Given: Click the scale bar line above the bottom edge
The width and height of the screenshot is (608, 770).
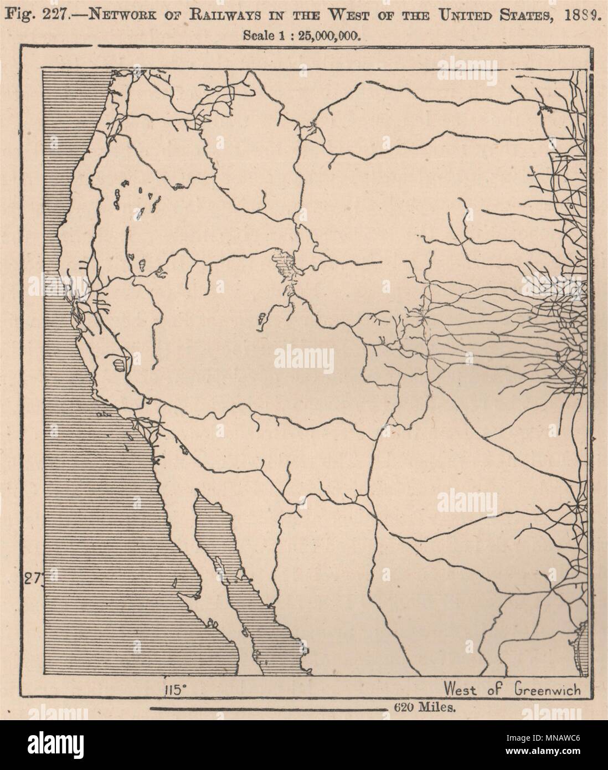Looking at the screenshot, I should pos(266,709).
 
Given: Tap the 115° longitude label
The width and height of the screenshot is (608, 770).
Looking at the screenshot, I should pos(174,690).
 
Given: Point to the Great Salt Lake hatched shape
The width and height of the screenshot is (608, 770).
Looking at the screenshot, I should pos(283,264).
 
